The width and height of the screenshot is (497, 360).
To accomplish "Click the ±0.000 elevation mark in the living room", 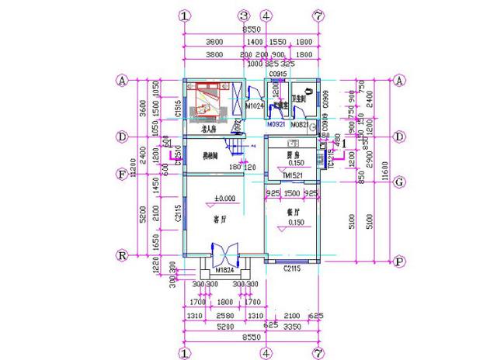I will click(224, 199).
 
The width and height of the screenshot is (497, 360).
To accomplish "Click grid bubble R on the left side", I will click(122, 254).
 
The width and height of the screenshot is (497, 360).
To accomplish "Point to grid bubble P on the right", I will click(399, 261).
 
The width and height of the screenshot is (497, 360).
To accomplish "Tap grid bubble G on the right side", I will click(399, 182).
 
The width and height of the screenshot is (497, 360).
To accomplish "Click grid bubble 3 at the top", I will click(243, 16).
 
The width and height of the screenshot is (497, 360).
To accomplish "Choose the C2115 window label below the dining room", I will click(291, 268).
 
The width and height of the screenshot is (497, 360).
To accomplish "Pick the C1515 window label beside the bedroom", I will click(179, 110).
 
